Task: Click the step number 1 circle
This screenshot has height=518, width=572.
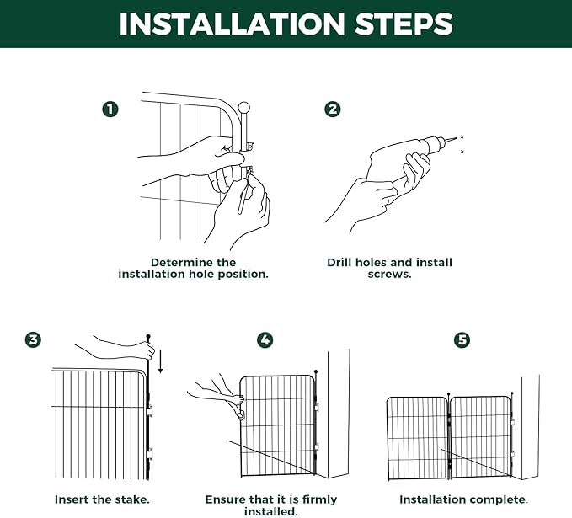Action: tap(110, 109)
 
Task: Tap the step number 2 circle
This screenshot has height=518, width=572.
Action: tap(333, 109)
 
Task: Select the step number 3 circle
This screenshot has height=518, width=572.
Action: tap(33, 339)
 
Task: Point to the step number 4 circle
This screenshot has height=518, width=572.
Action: tap(265, 339)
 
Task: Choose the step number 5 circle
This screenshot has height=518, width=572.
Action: tap(462, 339)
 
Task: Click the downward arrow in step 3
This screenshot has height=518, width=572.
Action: tap(160, 360)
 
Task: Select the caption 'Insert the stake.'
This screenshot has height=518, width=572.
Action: tap(102, 499)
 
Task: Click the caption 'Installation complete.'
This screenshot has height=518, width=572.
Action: tap(463, 499)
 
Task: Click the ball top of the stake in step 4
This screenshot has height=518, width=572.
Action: tap(316, 371)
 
